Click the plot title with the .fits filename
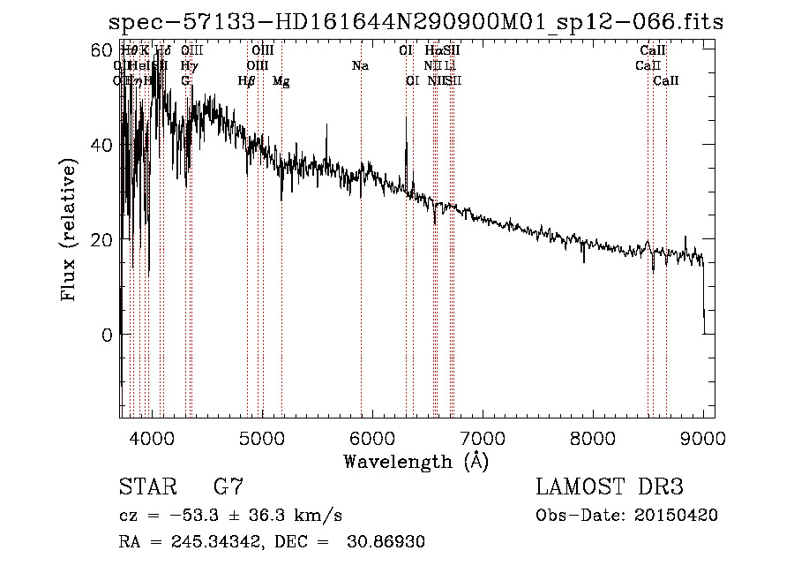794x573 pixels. pos(415,22)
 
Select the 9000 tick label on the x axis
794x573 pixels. pos(703,439)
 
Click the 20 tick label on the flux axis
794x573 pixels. pos(102,240)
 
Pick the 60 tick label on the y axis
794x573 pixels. pos(102,49)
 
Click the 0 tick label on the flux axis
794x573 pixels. pos(108,336)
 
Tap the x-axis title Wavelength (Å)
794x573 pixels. pos(416,461)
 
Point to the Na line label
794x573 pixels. pos(360,66)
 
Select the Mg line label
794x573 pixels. pos(281,81)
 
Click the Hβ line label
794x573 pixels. pos(247,81)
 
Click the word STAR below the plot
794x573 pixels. pos(146,486)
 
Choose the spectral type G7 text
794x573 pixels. pos(228,486)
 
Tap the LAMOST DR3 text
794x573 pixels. pos(610,486)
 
